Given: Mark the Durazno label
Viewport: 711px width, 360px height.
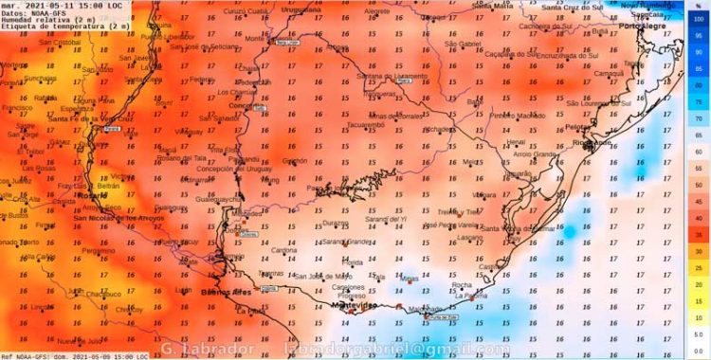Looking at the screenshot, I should (337, 223).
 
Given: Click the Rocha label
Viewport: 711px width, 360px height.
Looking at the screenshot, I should (464, 284).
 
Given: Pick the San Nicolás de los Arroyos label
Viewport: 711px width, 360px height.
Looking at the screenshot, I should (118, 218).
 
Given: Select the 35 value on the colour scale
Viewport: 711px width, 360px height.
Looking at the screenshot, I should (699, 235).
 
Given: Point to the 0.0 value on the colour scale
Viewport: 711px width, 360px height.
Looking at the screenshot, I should (699, 351).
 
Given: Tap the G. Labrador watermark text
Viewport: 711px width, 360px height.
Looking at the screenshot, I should (208, 350).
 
